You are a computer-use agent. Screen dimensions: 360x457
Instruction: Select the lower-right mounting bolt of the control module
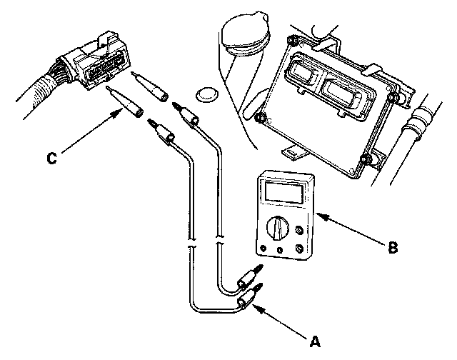click(x=366, y=159)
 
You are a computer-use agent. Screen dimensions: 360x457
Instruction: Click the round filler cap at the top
click(x=243, y=36)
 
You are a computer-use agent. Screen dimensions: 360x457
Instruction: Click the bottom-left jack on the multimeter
click(x=264, y=250)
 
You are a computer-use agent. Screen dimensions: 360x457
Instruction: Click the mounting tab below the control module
click(x=293, y=151)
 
